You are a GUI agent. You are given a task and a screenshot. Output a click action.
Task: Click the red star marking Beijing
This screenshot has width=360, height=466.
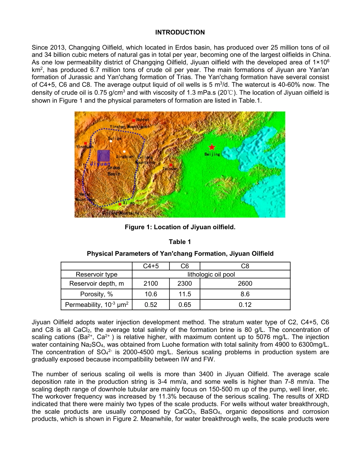tap(212, 147)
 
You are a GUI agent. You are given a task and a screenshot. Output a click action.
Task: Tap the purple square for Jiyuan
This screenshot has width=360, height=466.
tap(103, 156)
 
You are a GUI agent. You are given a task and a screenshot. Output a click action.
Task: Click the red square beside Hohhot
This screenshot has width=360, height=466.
tap(134, 120)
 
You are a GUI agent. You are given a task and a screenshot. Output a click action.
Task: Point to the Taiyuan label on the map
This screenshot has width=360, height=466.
tap(169, 169)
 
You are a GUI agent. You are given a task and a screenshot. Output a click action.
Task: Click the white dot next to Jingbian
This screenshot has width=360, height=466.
tap(124, 152)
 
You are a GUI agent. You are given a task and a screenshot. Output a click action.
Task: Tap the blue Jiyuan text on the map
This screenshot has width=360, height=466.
tap(100, 163)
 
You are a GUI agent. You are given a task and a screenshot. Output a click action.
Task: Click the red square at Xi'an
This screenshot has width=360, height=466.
tap(120, 204)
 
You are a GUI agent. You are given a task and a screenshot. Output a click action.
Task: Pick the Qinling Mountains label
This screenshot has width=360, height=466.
tap(121, 213)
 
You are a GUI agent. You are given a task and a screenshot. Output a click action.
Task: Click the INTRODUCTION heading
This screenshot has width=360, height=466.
tap(180, 33)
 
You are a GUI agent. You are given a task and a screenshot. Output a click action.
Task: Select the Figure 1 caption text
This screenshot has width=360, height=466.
tap(180, 227)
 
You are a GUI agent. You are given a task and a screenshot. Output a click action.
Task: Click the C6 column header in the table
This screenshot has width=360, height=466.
tap(185, 266)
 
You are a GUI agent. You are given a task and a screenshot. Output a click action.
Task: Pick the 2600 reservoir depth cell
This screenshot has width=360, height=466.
tap(245, 283)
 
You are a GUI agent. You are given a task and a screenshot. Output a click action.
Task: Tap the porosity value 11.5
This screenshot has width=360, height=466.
tap(185, 294)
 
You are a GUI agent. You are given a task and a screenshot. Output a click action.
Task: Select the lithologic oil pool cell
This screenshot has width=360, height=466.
tap(211, 274)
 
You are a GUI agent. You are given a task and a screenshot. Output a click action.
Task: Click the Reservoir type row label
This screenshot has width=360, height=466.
tap(97, 274)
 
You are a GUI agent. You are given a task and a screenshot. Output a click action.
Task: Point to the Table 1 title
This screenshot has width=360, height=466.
tap(180, 242)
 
